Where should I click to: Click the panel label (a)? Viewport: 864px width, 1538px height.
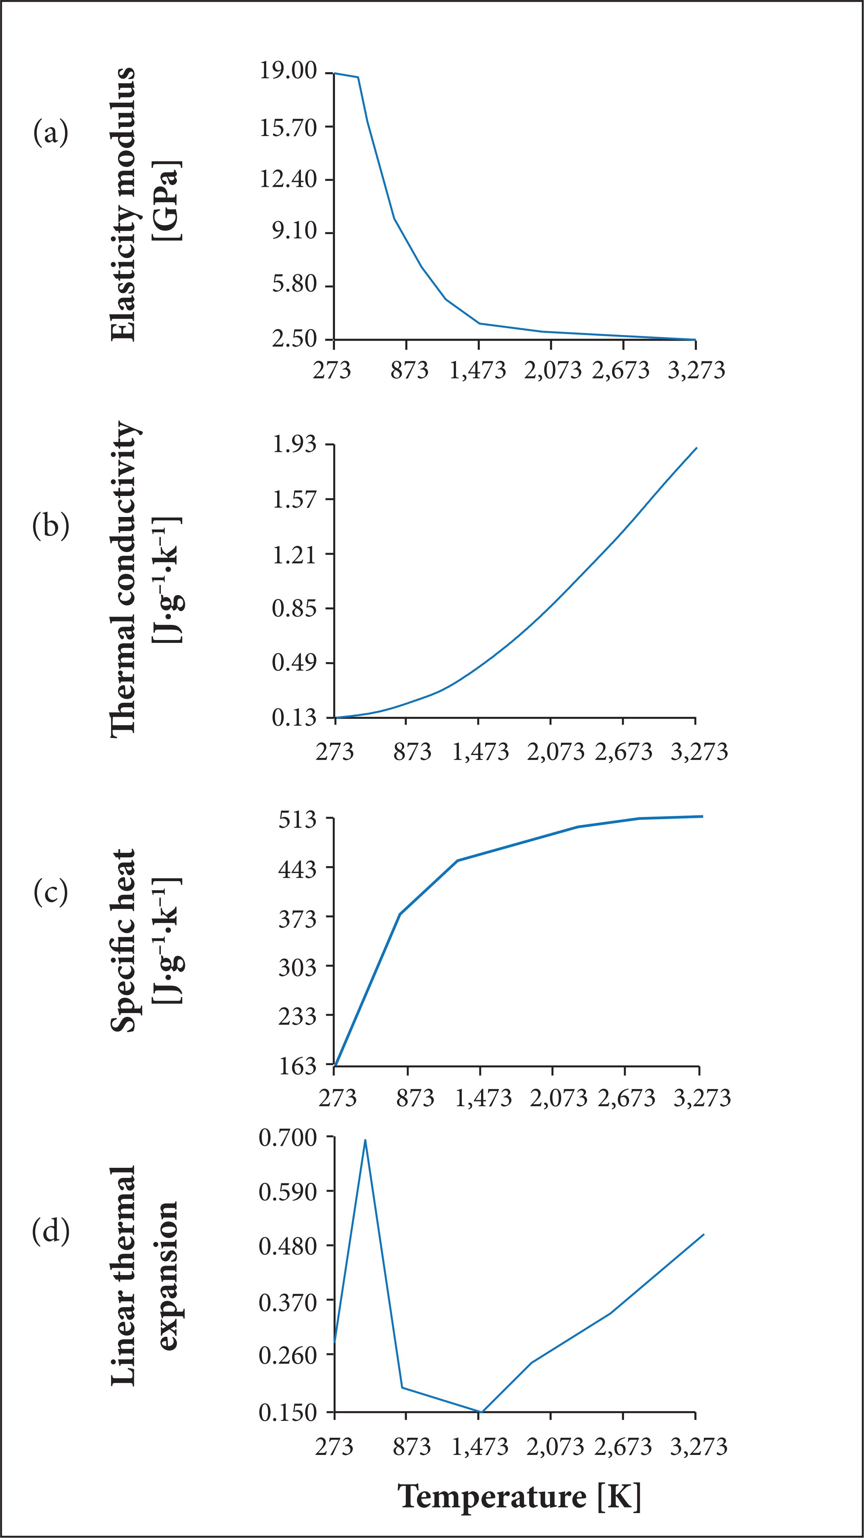pyautogui.click(x=51, y=132)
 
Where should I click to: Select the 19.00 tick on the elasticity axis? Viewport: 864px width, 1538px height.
pyautogui.click(x=289, y=72)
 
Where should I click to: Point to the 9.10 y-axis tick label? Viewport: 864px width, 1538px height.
pyautogui.click(x=295, y=232)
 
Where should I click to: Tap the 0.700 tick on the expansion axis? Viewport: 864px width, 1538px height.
pyautogui.click(x=289, y=1138)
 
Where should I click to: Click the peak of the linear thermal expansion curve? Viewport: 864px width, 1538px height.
pyautogui.click(x=365, y=1141)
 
